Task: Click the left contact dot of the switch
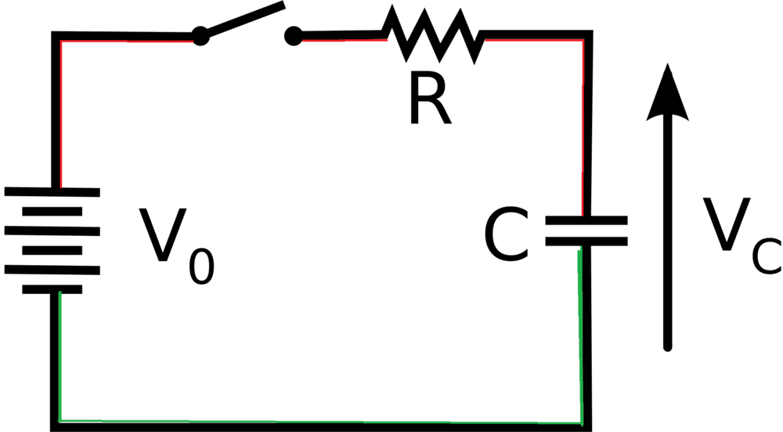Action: click(200, 35)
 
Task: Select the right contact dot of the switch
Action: click(294, 35)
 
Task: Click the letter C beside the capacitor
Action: click(507, 236)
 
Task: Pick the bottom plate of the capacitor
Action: click(586, 242)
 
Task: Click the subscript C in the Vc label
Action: click(766, 258)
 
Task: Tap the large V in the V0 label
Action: click(161, 236)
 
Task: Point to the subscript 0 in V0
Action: click(200, 267)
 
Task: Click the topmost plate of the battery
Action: click(52, 191)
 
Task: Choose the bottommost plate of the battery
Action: click(52, 289)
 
